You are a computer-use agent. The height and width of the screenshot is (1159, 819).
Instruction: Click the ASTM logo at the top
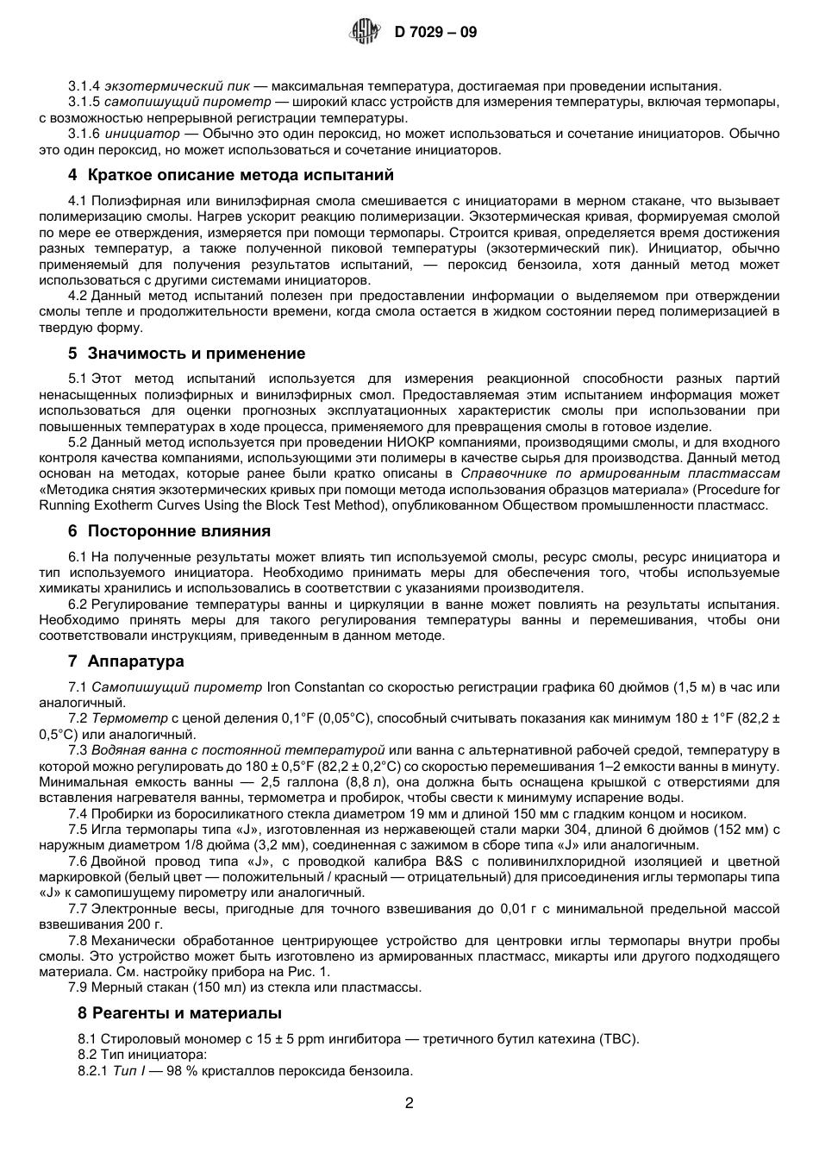click(363, 33)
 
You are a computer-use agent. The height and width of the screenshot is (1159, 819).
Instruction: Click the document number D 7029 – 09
click(435, 33)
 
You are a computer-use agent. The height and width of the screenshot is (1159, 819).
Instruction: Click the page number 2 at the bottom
click(409, 1103)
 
